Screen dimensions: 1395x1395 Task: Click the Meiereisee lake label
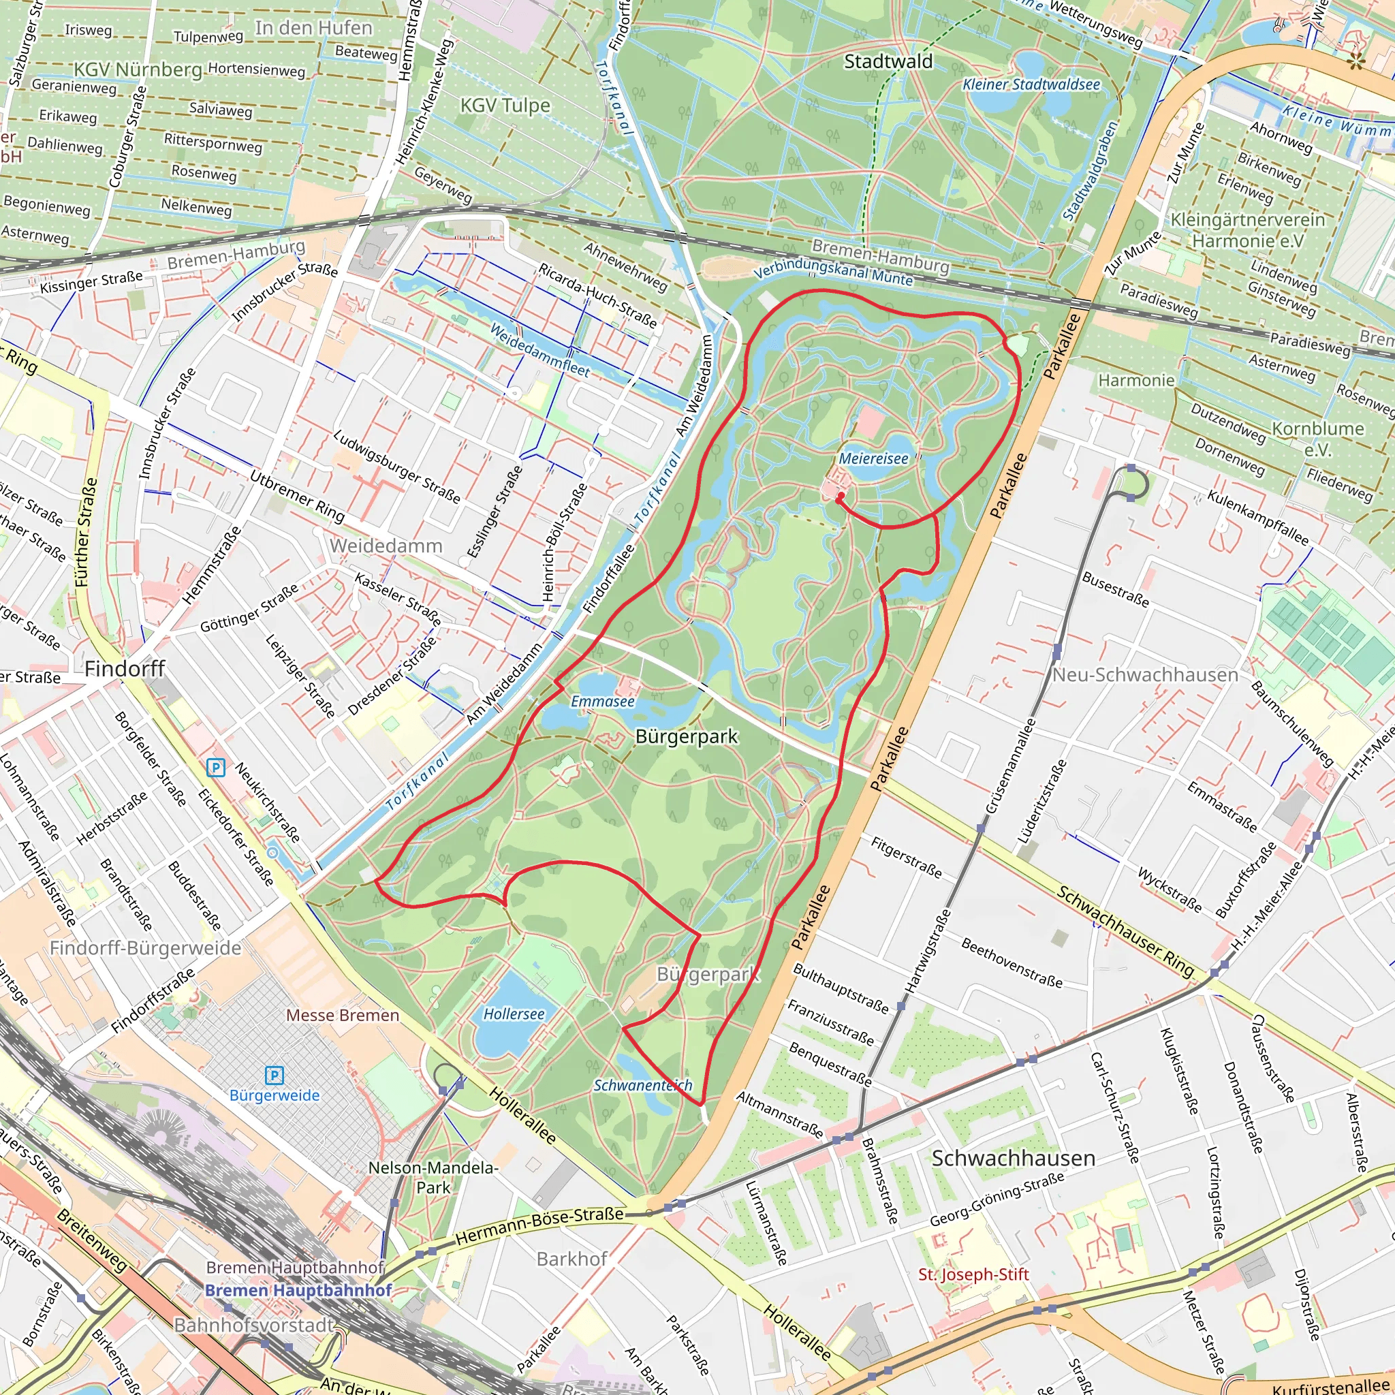[x=873, y=458]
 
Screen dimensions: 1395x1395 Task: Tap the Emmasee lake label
[x=602, y=701]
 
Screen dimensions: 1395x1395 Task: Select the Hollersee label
[x=514, y=1014]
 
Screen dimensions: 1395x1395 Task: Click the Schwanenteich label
[x=642, y=1085]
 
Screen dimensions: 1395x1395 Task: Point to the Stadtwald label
[x=888, y=61]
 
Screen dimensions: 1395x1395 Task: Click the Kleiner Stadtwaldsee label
[x=1031, y=84]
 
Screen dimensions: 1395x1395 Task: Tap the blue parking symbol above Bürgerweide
[x=275, y=1075]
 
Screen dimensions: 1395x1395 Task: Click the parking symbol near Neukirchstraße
[x=215, y=768]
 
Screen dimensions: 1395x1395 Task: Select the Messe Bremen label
[x=342, y=1015]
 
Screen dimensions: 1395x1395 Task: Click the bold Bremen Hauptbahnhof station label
[x=298, y=1289]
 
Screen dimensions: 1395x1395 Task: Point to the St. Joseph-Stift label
[x=973, y=1274]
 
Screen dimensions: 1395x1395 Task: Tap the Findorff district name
[x=125, y=669]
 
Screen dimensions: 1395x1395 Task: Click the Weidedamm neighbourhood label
[x=386, y=545]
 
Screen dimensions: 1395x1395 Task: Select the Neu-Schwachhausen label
[x=1145, y=674]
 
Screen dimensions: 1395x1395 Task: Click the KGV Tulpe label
[x=505, y=106]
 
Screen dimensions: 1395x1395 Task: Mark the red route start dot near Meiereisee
[x=840, y=497]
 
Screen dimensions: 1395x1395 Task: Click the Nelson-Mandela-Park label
[x=433, y=1178]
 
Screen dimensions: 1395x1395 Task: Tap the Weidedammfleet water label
[x=539, y=349]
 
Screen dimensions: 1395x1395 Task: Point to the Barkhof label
[x=572, y=1259]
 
